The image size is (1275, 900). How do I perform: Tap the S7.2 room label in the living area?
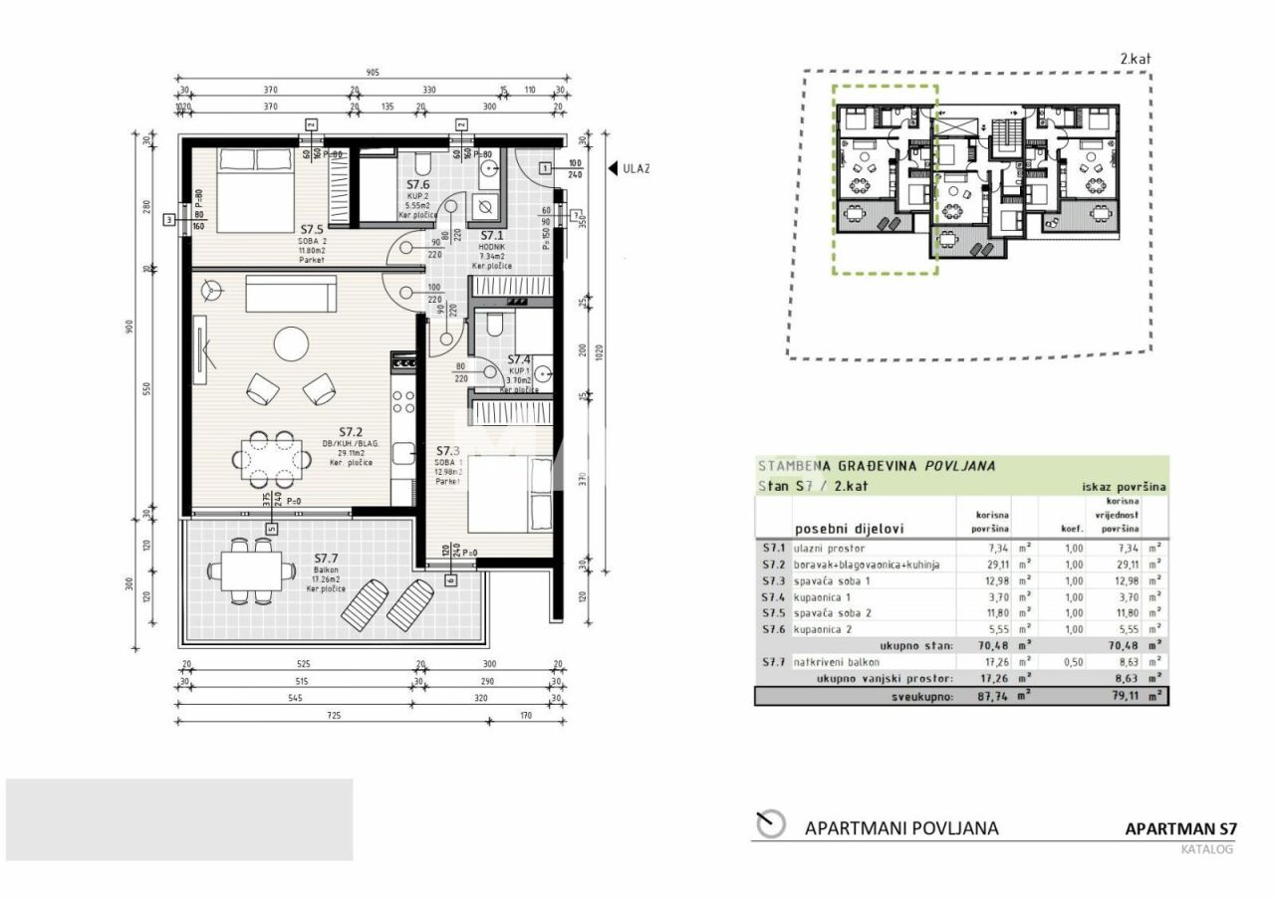click(350, 431)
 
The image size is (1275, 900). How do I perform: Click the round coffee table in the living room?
click(292, 343)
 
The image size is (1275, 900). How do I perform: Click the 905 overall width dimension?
click(373, 73)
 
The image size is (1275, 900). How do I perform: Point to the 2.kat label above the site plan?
click(1135, 59)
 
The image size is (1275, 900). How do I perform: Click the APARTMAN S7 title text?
click(1179, 828)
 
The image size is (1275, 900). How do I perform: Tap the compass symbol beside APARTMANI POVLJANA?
click(770, 824)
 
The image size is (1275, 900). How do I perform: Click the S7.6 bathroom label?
click(418, 185)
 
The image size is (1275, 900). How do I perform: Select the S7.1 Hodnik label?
click(491, 236)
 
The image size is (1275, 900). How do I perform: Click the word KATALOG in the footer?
click(1206, 849)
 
